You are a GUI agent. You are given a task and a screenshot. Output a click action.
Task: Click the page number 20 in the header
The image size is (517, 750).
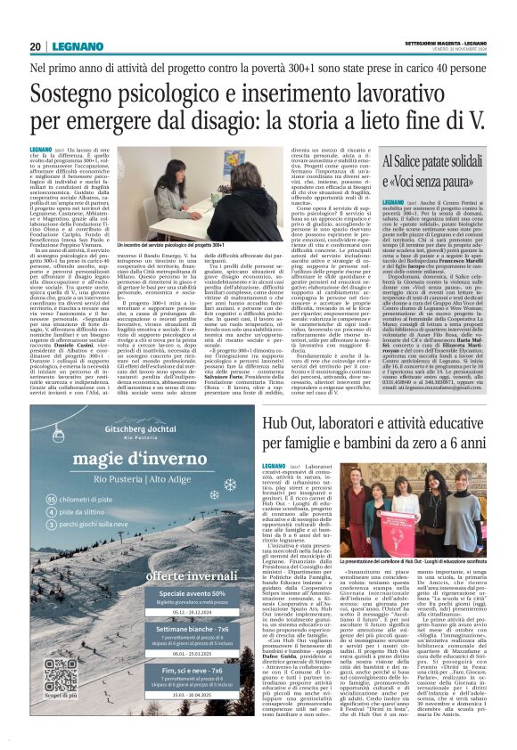click(35, 46)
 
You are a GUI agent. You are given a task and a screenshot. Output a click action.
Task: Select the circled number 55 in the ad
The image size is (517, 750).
click(51, 501)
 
